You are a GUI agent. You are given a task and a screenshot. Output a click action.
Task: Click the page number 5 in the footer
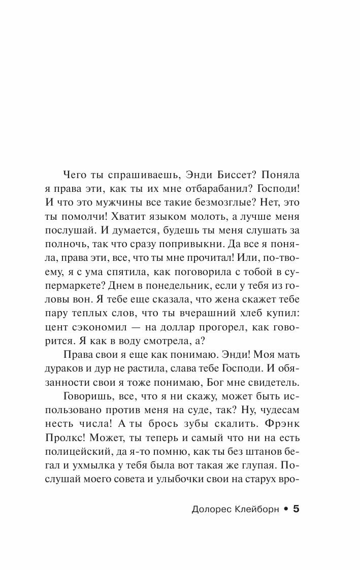pos(298,509)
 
